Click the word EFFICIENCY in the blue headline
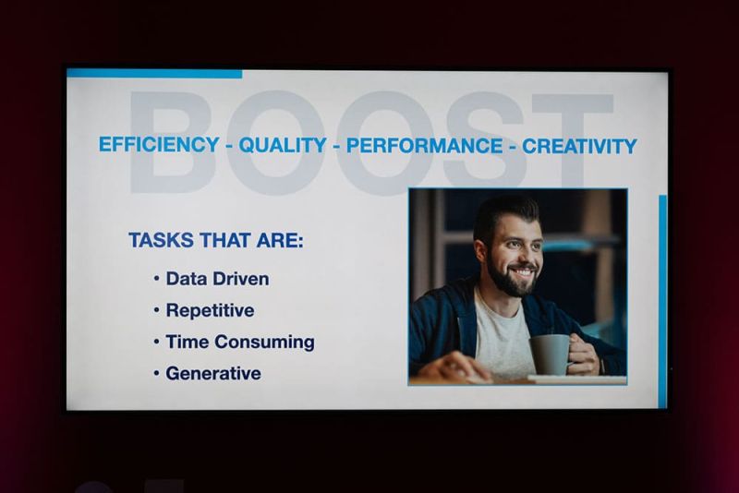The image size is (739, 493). tap(159, 145)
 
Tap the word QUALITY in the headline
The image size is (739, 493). tap(283, 145)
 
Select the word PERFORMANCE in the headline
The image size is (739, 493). tap(424, 146)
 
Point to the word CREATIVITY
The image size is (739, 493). tap(579, 147)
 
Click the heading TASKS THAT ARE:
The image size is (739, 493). tap(216, 240)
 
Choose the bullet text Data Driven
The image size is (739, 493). tap(217, 279)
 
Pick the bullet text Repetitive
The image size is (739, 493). tap(210, 311)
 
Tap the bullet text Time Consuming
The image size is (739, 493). tap(240, 343)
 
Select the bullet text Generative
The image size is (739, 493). tap(213, 373)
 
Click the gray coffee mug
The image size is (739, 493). tap(550, 355)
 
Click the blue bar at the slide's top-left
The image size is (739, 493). tap(154, 74)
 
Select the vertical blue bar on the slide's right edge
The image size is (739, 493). tap(662, 301)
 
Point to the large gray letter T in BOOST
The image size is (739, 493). tap(573, 141)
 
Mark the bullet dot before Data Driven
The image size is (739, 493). tap(156, 279)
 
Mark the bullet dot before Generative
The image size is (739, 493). tap(156, 373)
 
